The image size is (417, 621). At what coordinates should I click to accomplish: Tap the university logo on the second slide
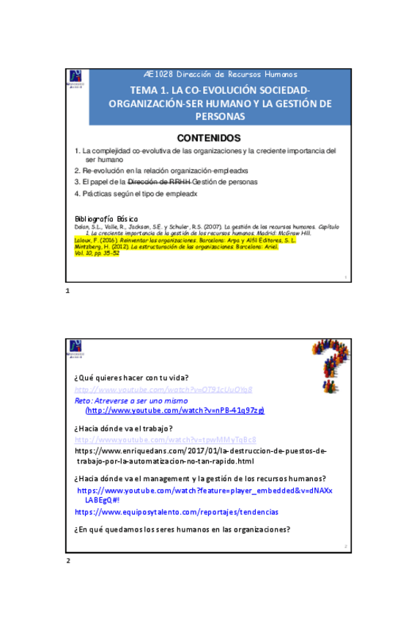tap(76, 349)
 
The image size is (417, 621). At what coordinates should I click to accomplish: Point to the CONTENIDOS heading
tap(208, 137)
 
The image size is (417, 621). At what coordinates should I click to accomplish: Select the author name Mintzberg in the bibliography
tap(89, 247)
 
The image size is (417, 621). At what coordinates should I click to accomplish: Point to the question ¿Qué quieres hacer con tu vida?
tap(132, 378)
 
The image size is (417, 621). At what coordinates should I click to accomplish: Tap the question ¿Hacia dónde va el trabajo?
tap(123, 428)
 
